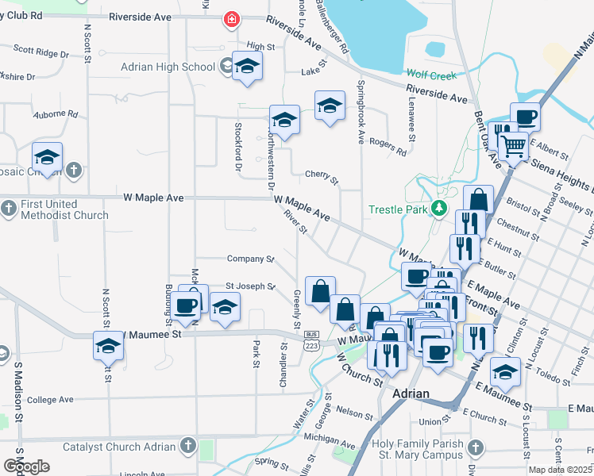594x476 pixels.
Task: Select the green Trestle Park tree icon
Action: tap(439, 209)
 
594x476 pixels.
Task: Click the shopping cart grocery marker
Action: tap(514, 146)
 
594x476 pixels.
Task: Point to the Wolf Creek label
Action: tap(432, 75)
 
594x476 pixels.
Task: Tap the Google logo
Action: tap(26, 466)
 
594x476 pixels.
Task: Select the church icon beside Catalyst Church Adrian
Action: tap(187, 447)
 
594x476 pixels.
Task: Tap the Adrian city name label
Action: tap(411, 393)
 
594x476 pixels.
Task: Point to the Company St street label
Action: tap(249, 259)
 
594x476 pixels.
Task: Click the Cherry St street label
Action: tap(322, 175)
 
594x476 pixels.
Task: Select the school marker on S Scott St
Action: tap(108, 347)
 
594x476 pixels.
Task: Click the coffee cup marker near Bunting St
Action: tap(187, 305)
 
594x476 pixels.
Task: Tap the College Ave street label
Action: tap(50, 400)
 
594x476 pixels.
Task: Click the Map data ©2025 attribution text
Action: tap(560, 470)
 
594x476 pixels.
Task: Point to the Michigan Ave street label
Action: tap(331, 438)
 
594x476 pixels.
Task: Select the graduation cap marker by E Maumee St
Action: tap(505, 370)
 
